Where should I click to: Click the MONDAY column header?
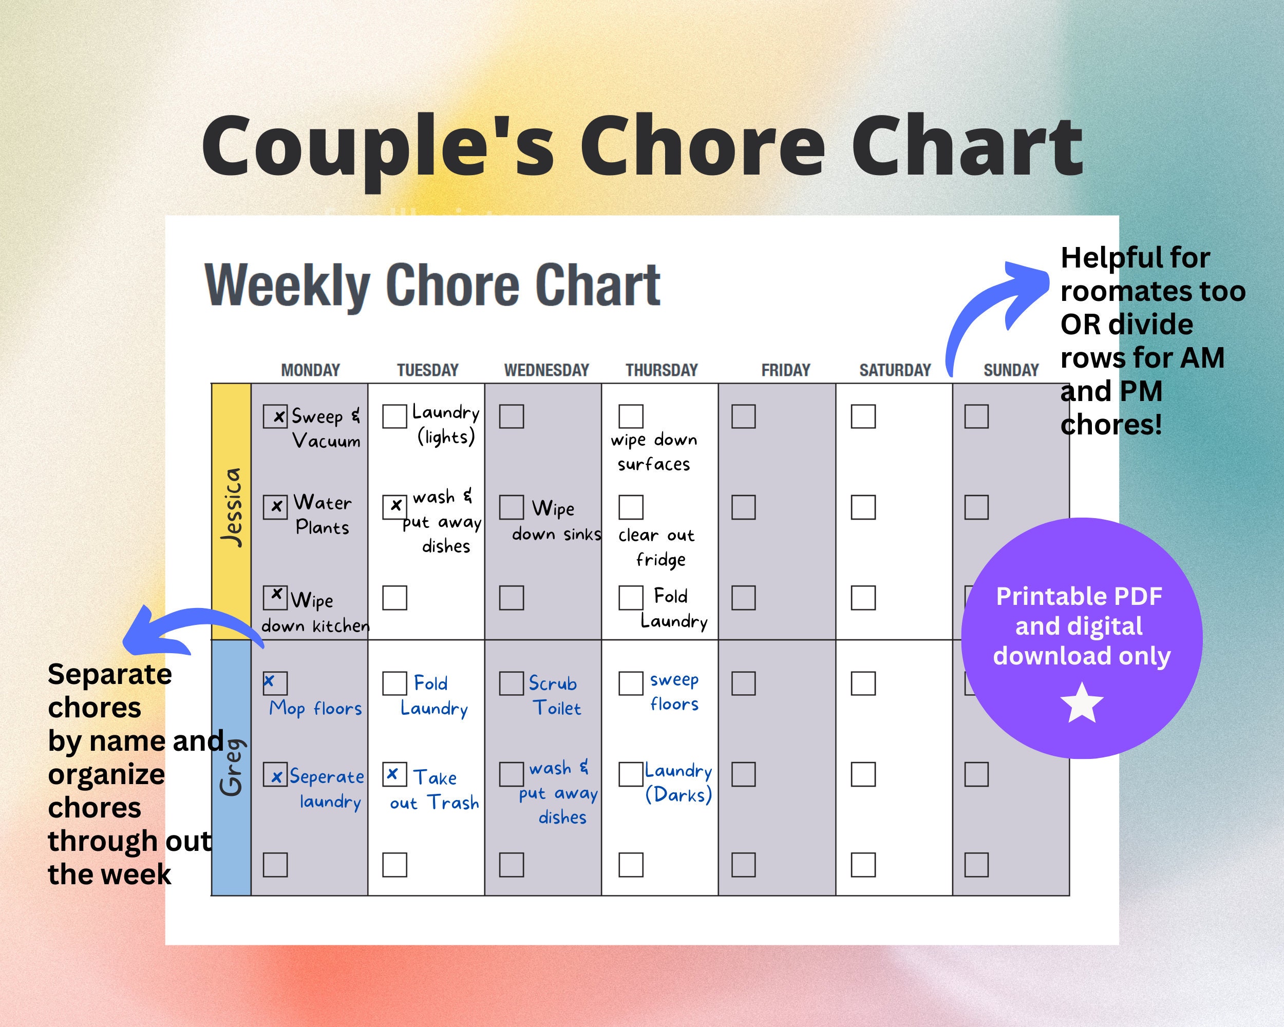(x=310, y=370)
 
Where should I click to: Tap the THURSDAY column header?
(x=661, y=370)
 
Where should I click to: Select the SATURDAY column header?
(x=895, y=370)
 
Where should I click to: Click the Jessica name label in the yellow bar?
(x=232, y=507)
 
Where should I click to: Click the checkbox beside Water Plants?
(x=275, y=507)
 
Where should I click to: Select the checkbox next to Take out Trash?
(x=394, y=774)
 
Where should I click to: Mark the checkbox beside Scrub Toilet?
(x=511, y=683)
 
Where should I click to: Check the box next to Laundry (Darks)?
(x=631, y=774)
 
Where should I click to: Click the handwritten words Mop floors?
(x=316, y=709)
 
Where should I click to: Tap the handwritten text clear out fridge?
(x=656, y=547)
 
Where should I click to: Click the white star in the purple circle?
(x=1082, y=703)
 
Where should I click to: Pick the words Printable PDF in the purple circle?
(x=1079, y=597)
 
